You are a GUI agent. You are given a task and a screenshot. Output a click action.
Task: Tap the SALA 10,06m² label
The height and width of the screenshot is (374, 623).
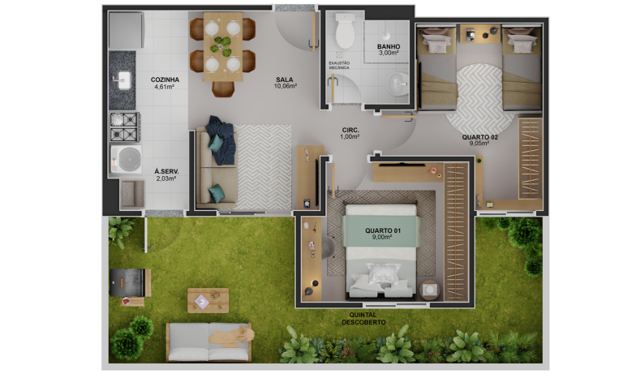(286, 83)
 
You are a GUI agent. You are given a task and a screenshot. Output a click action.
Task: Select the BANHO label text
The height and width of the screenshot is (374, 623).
(389, 46)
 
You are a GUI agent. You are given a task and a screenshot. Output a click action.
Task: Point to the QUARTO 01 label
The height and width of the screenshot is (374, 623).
(383, 230)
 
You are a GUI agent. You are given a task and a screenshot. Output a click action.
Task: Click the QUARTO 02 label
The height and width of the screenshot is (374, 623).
(479, 137)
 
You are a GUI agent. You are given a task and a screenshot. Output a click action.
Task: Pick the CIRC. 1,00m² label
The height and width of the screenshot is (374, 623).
(350, 133)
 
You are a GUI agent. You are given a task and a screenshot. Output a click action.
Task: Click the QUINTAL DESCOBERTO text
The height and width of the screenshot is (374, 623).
(363, 319)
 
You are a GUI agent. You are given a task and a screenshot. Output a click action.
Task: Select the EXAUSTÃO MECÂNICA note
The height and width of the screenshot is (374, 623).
(339, 66)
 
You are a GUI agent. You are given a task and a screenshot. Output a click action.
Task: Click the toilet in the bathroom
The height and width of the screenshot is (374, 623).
(345, 31)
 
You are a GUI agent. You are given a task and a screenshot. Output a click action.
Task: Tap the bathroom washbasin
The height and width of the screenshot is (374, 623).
(397, 84)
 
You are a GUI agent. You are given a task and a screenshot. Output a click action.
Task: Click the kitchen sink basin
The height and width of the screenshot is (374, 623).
(122, 80)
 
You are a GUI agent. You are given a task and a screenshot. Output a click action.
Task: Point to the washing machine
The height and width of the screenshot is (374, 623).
(126, 159)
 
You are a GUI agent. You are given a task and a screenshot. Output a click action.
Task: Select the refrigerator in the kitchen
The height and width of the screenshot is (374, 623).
(126, 31)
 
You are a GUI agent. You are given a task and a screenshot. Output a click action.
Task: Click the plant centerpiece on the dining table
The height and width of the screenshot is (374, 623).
(221, 46)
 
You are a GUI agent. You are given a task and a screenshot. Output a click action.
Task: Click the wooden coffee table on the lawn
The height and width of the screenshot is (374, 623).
(208, 300)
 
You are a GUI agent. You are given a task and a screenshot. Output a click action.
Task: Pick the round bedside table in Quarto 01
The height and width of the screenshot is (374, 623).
(429, 290)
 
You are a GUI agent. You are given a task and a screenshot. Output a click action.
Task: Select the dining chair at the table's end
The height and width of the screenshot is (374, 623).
(223, 89)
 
